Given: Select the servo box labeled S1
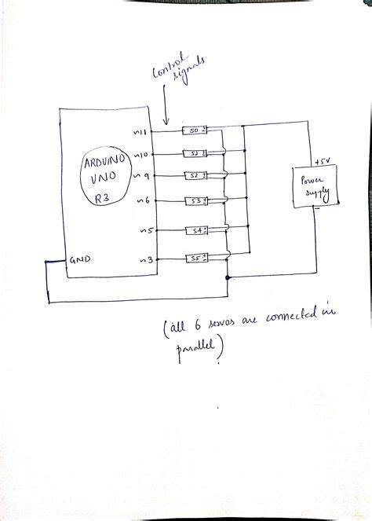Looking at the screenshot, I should click(194, 152).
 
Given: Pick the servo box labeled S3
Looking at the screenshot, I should click(196, 202).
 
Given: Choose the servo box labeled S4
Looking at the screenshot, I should click(196, 231).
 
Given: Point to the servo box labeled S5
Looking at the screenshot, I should click(195, 258).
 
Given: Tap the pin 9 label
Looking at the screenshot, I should click(143, 177).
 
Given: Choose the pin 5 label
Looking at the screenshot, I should click(143, 232).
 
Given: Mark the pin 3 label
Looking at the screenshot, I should click(143, 259).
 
